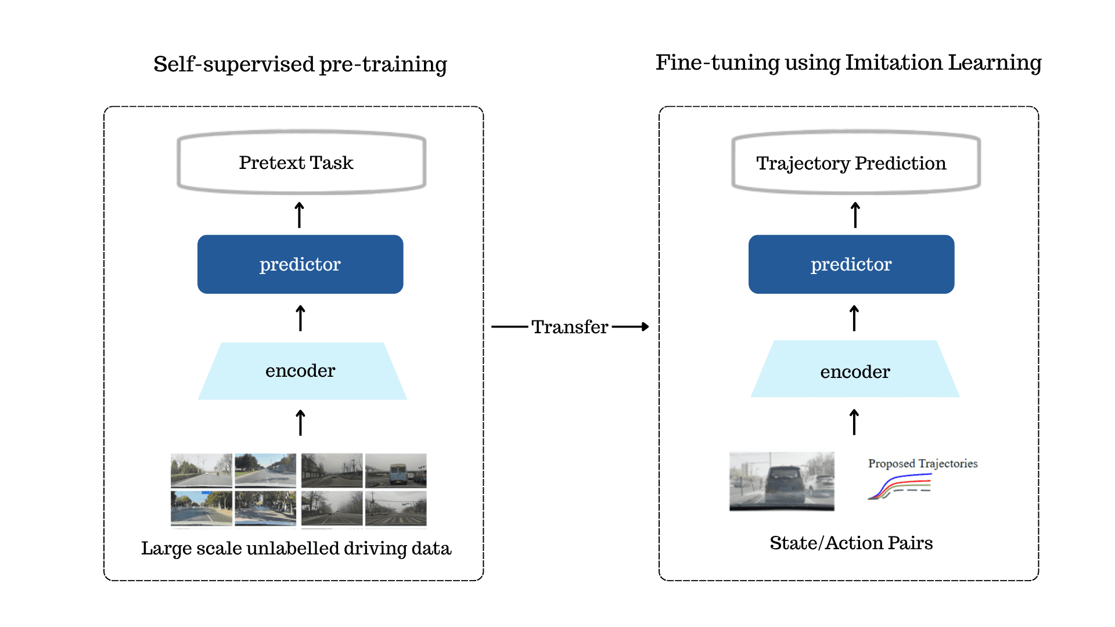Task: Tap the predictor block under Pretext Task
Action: coord(300,264)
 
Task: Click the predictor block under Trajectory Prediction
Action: coord(851,264)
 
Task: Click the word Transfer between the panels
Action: coord(570,327)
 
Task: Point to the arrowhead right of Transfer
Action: coord(645,327)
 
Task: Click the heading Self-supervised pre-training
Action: coord(300,64)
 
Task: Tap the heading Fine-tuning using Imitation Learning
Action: coord(848,63)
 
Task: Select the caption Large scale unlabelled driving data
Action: coord(296,549)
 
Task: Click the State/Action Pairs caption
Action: coord(851,543)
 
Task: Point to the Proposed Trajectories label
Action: coord(923,464)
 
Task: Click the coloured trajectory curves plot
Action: coord(900,487)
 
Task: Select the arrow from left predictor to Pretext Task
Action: coord(300,215)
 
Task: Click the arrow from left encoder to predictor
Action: coord(300,318)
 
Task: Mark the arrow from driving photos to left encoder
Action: coord(300,422)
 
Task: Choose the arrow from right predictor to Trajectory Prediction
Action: coord(855,215)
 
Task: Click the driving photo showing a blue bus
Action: coord(395,470)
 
